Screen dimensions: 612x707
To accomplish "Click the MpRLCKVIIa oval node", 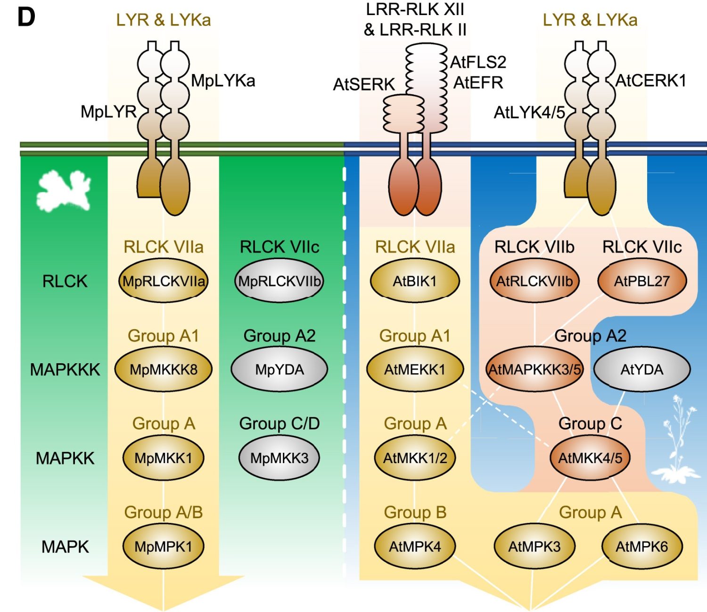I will [x=163, y=281].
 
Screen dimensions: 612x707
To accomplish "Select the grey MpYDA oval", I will [x=279, y=369].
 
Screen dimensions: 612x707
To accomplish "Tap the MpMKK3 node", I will [x=279, y=457].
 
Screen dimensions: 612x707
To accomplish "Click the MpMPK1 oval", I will [x=163, y=547].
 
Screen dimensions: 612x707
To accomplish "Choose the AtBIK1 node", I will [x=415, y=281].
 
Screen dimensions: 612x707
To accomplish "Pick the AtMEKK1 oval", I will [x=415, y=369].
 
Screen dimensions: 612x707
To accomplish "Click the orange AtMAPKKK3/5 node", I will [x=534, y=369].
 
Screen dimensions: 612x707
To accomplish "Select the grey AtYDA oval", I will [x=641, y=369].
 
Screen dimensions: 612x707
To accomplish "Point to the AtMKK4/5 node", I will [x=590, y=457].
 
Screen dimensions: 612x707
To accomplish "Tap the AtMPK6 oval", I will [x=641, y=547].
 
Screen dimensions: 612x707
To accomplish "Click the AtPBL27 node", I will [x=641, y=281].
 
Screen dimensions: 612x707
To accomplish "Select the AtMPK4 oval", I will [x=415, y=547].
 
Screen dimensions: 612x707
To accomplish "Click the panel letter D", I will [x=26, y=17].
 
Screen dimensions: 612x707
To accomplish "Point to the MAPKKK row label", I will [x=65, y=370].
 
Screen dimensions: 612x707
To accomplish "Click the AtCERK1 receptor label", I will [x=650, y=81].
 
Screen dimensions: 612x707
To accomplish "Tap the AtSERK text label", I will [x=364, y=85].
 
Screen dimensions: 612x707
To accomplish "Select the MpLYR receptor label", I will [x=108, y=112].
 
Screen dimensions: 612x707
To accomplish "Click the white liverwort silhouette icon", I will [x=64, y=191].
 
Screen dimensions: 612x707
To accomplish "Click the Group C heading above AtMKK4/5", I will [x=590, y=424].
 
